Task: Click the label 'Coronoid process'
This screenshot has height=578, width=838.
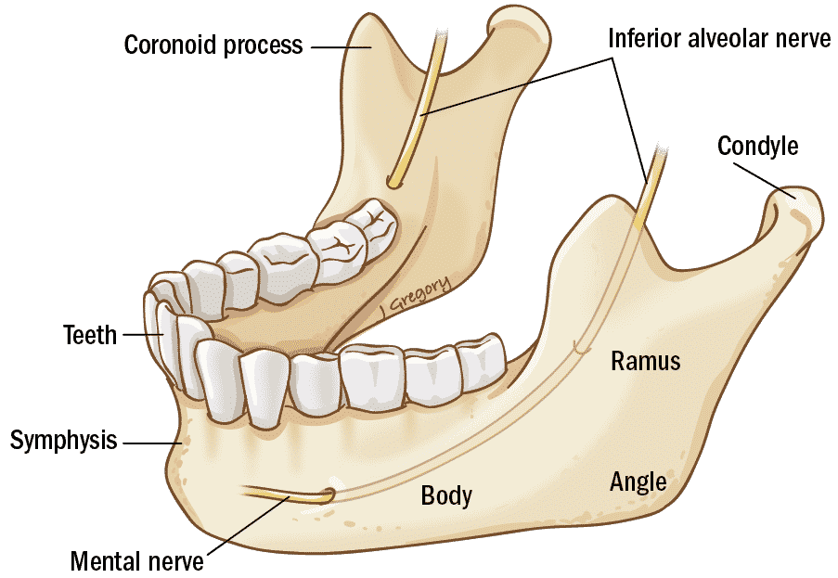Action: tap(213, 45)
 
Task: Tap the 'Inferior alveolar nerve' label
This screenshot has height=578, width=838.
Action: tap(719, 38)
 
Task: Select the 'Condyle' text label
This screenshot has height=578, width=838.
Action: tap(758, 146)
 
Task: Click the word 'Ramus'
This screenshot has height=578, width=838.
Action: tap(646, 361)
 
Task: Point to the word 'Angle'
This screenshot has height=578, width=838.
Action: tap(638, 482)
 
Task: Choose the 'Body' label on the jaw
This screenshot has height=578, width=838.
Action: tap(446, 495)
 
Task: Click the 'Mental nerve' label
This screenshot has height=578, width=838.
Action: tap(136, 561)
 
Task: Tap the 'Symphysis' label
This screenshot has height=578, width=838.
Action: tap(64, 441)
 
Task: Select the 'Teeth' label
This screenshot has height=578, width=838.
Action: tap(90, 335)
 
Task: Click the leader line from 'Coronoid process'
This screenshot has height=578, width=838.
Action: tap(341, 47)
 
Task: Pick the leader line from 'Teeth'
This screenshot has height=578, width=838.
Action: tap(143, 335)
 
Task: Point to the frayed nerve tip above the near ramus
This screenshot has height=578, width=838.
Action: tap(659, 151)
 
